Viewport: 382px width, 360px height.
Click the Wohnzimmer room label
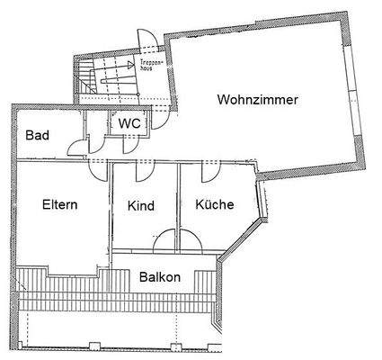pos(256,100)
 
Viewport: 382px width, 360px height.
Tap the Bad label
pos(37,137)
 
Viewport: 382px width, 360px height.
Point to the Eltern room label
pos(59,204)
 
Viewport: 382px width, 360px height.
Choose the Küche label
pos(215,205)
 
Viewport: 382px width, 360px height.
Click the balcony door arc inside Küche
pos(191,240)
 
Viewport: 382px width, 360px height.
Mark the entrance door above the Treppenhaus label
pos(144,42)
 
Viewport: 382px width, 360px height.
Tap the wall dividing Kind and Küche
pos(178,207)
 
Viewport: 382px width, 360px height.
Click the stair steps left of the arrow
pos(87,76)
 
